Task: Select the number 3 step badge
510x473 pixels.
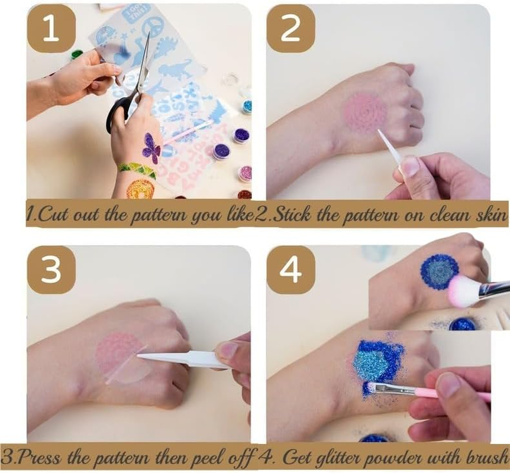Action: click(x=51, y=270)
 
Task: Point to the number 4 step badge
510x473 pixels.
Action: click(x=290, y=270)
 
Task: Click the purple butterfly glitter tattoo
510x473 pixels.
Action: click(x=151, y=148)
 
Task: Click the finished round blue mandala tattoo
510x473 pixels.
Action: click(x=438, y=271)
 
